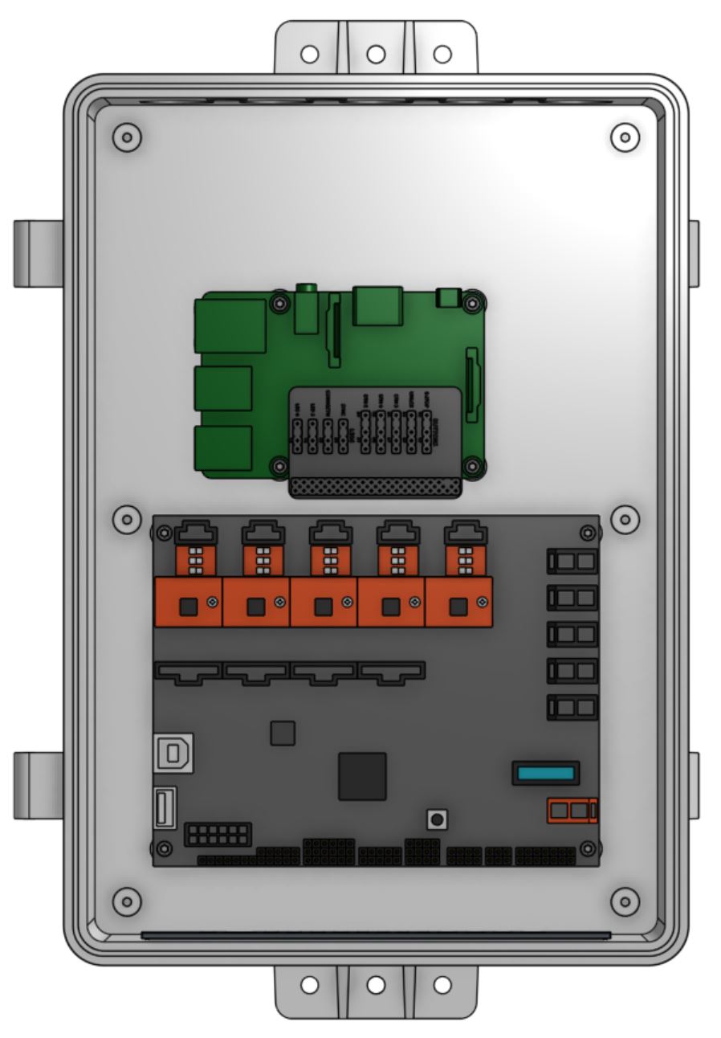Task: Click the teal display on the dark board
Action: (x=546, y=774)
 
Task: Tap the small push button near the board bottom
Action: (x=437, y=819)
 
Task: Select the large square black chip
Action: (x=362, y=776)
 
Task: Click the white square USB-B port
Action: (x=173, y=753)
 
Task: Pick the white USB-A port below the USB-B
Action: (x=165, y=807)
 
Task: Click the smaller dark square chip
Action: (x=283, y=733)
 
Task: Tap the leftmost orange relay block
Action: (x=188, y=602)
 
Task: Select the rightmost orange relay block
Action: (x=458, y=602)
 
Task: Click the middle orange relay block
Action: (x=324, y=602)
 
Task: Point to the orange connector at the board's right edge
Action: (x=572, y=811)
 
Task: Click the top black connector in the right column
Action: (x=572, y=561)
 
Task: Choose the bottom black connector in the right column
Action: (x=572, y=707)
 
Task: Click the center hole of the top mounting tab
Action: (x=376, y=55)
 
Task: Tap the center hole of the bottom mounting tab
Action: (x=376, y=984)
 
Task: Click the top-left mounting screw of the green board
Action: (x=279, y=304)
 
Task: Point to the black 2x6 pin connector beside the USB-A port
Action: (x=217, y=834)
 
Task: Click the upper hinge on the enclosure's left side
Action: (x=38, y=253)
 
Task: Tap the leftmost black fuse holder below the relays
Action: (x=188, y=672)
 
